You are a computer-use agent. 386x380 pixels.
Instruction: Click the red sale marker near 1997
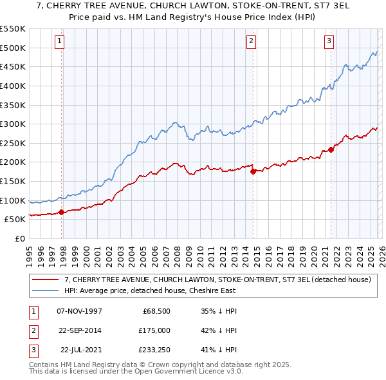62,212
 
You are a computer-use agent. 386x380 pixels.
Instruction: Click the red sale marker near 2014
253,171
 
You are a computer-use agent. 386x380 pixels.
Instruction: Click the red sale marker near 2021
331,149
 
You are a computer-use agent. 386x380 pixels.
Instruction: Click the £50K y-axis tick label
15,219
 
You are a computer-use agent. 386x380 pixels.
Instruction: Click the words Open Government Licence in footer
181,372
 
